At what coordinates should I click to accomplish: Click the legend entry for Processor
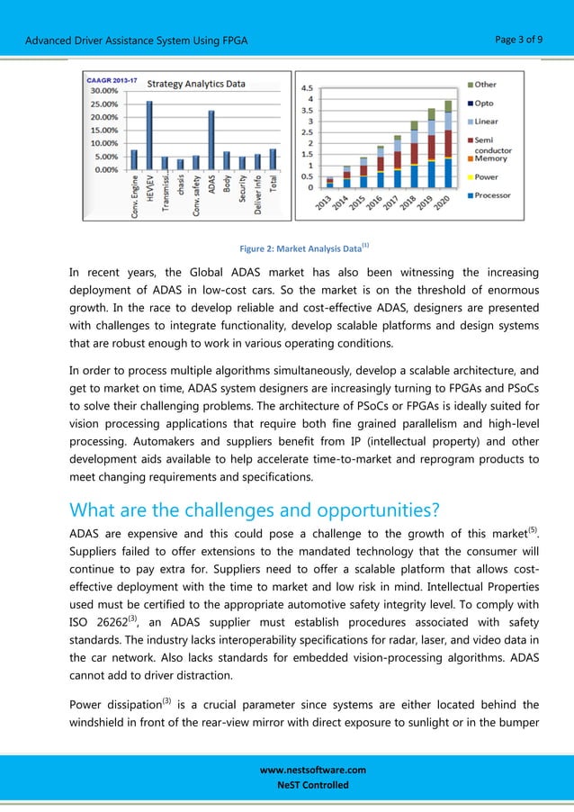491,195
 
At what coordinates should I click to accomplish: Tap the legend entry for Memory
490,158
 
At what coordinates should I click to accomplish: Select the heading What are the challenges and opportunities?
254,510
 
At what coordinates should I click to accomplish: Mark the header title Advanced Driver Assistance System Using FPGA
137,41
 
